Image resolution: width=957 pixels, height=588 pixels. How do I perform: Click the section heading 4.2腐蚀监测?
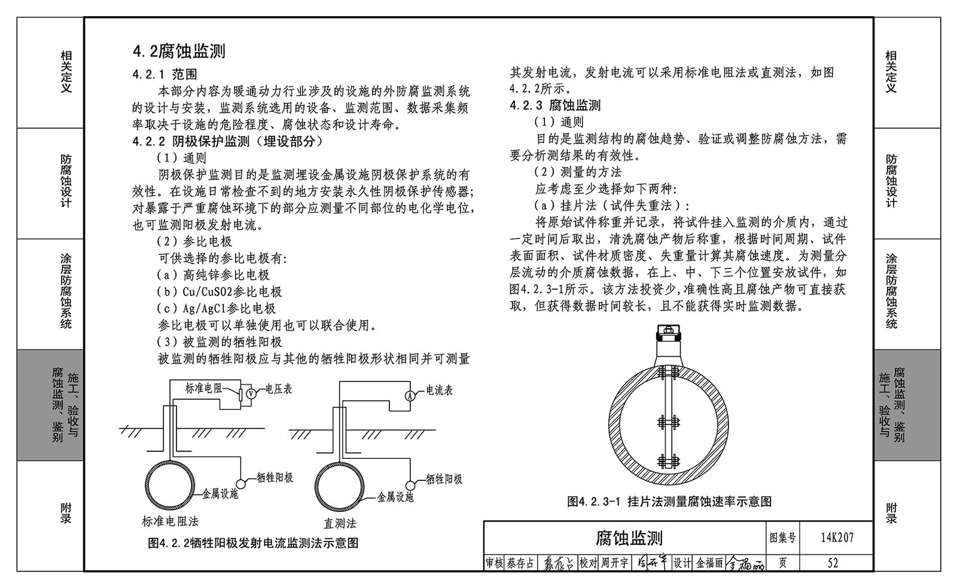click(x=179, y=51)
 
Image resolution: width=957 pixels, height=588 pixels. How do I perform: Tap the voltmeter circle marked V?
click(x=251, y=394)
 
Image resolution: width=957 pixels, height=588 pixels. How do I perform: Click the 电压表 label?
click(x=279, y=389)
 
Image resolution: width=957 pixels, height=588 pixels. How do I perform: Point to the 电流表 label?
click(x=440, y=390)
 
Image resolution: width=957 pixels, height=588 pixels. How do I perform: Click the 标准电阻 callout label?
click(x=203, y=388)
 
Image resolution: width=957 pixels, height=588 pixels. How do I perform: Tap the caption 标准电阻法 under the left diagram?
click(x=170, y=521)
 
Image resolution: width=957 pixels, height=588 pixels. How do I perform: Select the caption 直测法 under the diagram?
click(x=340, y=523)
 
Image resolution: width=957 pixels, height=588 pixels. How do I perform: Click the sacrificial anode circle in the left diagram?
click(x=241, y=484)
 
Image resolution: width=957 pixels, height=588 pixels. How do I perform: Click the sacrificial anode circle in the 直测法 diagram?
click(x=410, y=486)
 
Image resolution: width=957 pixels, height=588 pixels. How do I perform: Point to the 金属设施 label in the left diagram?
click(x=220, y=494)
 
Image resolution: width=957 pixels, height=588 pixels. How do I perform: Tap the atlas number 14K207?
click(x=837, y=537)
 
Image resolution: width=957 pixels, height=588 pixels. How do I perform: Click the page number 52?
click(x=833, y=563)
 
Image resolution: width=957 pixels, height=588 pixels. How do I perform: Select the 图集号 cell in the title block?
click(x=783, y=538)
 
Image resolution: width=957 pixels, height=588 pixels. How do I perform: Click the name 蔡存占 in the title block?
click(x=520, y=563)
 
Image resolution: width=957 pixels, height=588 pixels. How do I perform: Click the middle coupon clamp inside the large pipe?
click(x=669, y=422)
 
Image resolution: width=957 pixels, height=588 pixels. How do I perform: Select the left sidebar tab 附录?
click(x=66, y=513)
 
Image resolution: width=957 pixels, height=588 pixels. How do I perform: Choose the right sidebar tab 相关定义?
click(x=891, y=72)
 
